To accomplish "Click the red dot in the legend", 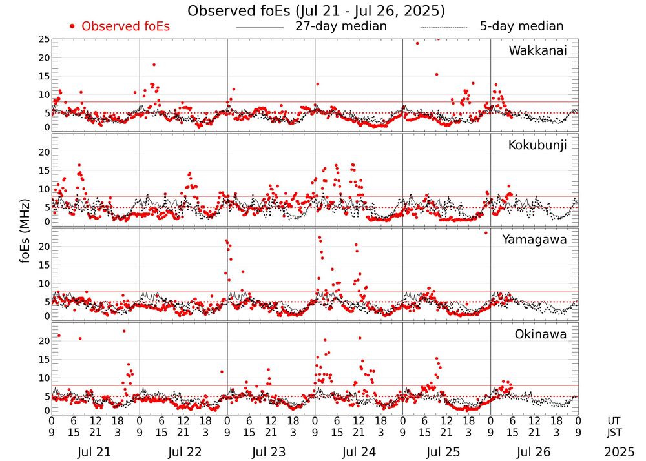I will click(73, 26).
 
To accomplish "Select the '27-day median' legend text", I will click(341, 26).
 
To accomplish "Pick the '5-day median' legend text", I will click(521, 26).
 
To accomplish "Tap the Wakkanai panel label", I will click(537, 50).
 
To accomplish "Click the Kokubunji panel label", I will click(536, 145).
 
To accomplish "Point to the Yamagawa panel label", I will click(534, 240).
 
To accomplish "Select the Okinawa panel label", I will click(541, 334).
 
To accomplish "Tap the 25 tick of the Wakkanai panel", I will click(43, 39).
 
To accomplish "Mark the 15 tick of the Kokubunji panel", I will click(43, 170).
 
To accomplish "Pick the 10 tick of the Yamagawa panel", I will click(43, 283).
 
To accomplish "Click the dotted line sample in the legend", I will click(443, 28).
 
